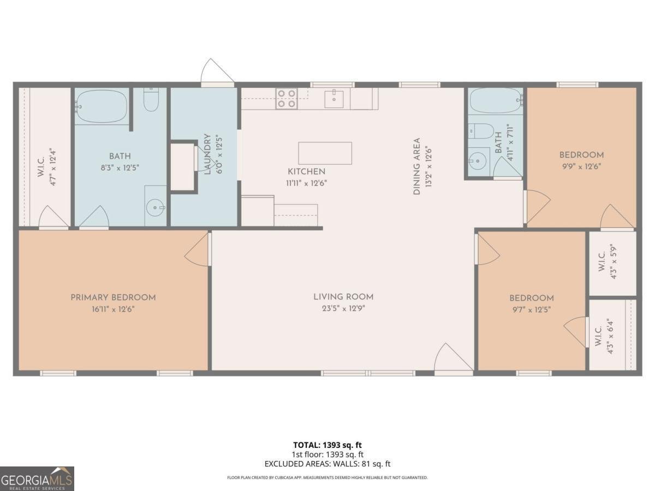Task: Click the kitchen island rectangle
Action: pos(325,153)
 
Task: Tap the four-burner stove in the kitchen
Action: pos(286,98)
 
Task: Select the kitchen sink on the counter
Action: pos(334,99)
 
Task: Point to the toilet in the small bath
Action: pos(481,131)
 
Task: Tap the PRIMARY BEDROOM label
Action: pos(113,297)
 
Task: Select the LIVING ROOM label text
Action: pos(343,297)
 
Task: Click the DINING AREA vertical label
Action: pos(417,166)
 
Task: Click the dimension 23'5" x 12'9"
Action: pos(343,308)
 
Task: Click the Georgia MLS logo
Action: pos(37,478)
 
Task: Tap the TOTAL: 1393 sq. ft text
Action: pos(327,445)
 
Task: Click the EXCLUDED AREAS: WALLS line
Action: pos(327,464)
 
